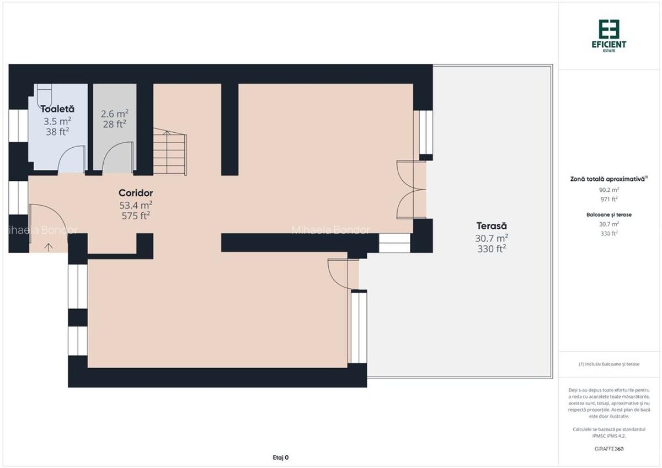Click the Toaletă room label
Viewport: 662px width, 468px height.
pos(57,109)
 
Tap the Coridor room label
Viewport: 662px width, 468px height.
pos(136,193)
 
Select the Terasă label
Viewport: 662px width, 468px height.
pos(492,225)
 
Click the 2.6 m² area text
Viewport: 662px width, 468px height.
pos(115,114)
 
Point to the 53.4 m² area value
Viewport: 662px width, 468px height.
pos(136,205)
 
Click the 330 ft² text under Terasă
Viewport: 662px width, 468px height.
pos(492,249)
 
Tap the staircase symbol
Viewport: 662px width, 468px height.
pos(170,152)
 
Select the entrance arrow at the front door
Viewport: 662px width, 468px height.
pos(48,246)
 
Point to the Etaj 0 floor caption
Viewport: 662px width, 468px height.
pos(281,457)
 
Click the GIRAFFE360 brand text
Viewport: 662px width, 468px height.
pos(609,449)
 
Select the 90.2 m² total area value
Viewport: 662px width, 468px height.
pos(609,190)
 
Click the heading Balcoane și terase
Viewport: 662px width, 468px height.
pos(609,214)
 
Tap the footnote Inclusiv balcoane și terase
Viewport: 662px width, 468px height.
pos(609,364)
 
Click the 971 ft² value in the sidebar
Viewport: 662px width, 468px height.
pos(609,199)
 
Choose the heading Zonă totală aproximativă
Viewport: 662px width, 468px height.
pos(609,179)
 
